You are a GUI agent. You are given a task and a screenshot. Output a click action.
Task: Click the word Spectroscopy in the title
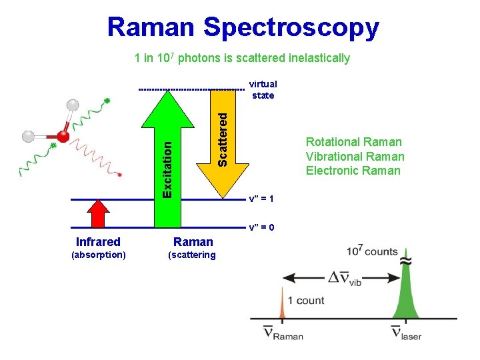[x=291, y=28]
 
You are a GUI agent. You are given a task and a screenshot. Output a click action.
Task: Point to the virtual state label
[x=263, y=90]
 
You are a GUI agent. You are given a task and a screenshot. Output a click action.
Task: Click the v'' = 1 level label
[x=261, y=199]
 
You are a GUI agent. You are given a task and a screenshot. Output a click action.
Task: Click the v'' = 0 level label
[x=261, y=227]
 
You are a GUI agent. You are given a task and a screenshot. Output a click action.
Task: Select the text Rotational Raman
[x=353, y=141]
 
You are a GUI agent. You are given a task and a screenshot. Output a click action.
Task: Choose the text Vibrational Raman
[x=355, y=156]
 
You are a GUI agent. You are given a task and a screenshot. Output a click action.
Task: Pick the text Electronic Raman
[x=353, y=171]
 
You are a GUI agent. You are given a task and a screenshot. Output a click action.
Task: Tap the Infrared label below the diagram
[x=98, y=242]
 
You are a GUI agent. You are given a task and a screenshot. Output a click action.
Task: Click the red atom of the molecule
[x=63, y=137]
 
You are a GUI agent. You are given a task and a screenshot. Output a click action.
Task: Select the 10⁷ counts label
[x=372, y=252]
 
